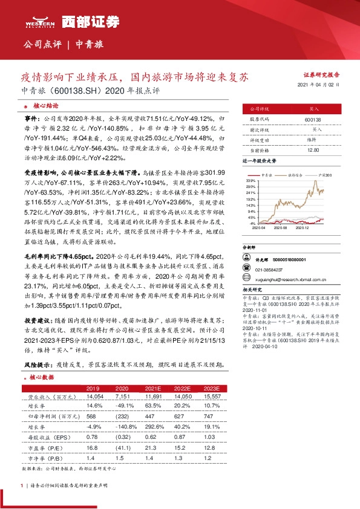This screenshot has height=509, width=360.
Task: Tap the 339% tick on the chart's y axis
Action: click(x=250, y=181)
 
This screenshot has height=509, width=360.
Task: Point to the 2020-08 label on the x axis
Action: click(x=280, y=229)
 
